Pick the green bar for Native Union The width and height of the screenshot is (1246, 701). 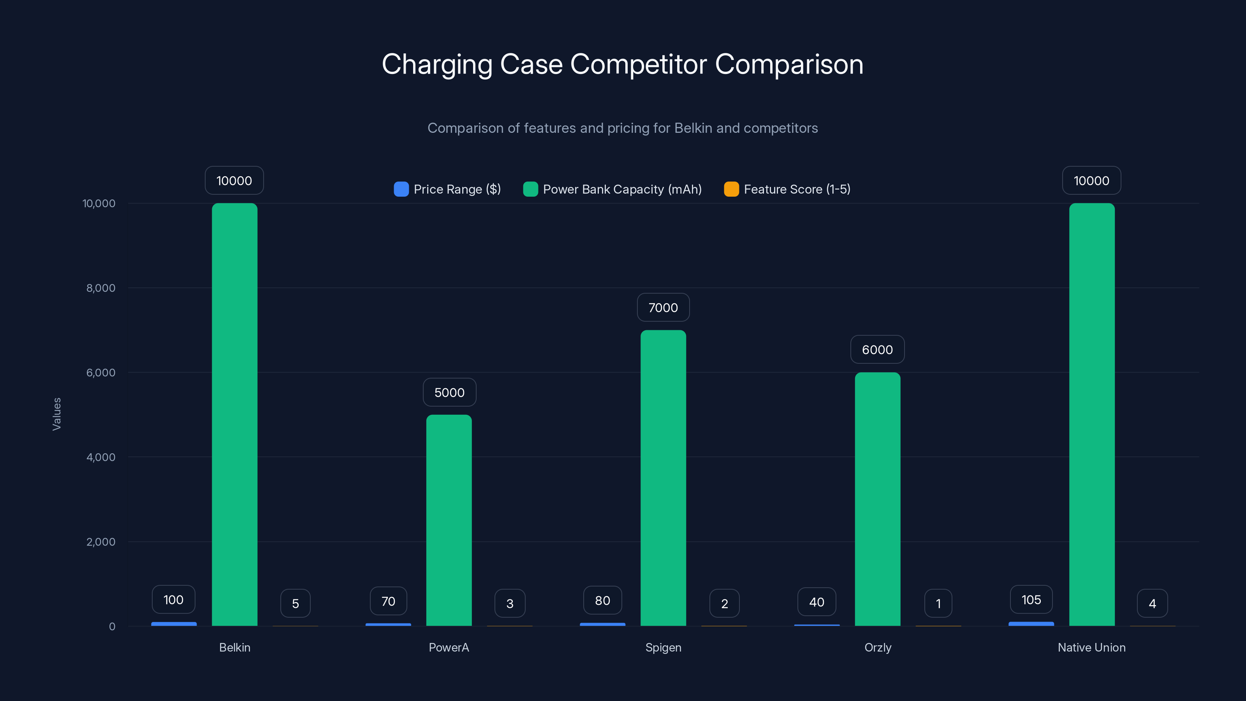pyautogui.click(x=1092, y=415)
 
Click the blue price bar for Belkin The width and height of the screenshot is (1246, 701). pyautogui.click(x=174, y=624)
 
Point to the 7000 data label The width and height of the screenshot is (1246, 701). pyautogui.click(x=663, y=308)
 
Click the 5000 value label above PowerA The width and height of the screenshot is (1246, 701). pyautogui.click(x=449, y=392)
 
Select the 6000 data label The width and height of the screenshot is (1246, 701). pyautogui.click(x=877, y=350)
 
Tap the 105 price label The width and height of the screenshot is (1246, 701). pyautogui.click(x=1031, y=600)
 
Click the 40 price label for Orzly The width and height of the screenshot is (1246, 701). pyautogui.click(x=817, y=602)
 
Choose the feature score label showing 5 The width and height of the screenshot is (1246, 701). pyautogui.click(x=295, y=604)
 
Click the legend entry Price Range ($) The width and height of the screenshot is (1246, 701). pyautogui.click(x=447, y=189)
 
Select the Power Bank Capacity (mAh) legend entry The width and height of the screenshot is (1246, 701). pyautogui.click(x=612, y=189)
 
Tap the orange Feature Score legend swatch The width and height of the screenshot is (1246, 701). pyautogui.click(x=731, y=189)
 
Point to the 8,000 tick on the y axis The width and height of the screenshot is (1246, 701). pyautogui.click(x=100, y=288)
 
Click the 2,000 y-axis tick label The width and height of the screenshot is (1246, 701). pyautogui.click(x=100, y=542)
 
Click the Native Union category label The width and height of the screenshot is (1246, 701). pyautogui.click(x=1092, y=647)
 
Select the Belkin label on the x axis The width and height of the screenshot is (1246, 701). pyautogui.click(x=234, y=647)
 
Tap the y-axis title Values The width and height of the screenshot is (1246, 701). pyautogui.click(x=56, y=414)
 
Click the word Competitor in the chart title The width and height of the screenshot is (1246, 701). pyautogui.click(x=639, y=64)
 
